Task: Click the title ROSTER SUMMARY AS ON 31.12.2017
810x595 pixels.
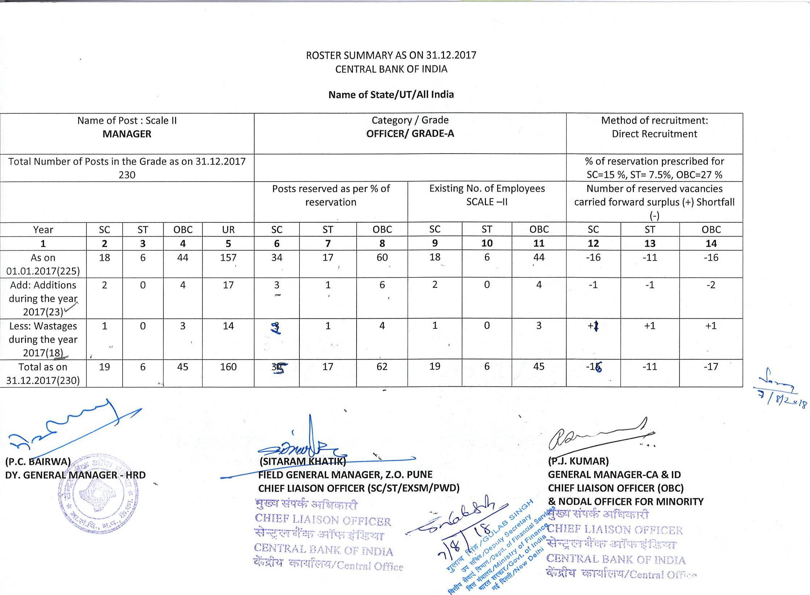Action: point(391,55)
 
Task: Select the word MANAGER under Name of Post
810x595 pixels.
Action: point(127,134)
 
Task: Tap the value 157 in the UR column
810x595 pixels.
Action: point(228,258)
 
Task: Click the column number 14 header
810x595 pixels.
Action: point(711,243)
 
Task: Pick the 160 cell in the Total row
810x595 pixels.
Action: point(228,367)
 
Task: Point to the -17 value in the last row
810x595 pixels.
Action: point(711,366)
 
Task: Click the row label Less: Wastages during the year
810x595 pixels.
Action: point(43,339)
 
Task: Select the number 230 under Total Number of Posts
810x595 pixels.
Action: point(127,175)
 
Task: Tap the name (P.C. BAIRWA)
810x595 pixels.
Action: point(38,462)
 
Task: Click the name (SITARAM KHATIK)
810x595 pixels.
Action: point(303,461)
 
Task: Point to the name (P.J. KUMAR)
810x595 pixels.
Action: point(578,461)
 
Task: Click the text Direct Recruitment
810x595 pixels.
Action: point(654,134)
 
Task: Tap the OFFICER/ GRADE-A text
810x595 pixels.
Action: point(410,133)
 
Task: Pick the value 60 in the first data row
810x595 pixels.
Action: point(382,258)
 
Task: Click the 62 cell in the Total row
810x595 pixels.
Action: point(382,367)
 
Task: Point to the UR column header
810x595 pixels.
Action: point(228,230)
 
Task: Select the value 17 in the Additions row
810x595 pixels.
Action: point(228,285)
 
